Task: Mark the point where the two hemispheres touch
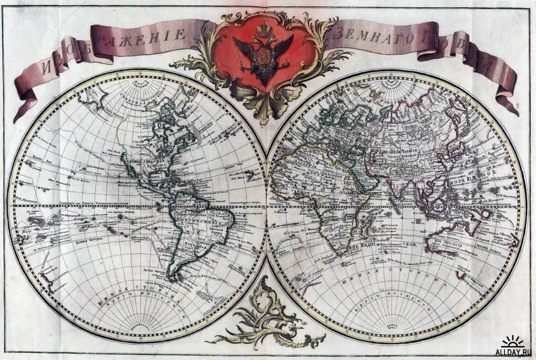pyautogui.click(x=266, y=206)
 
